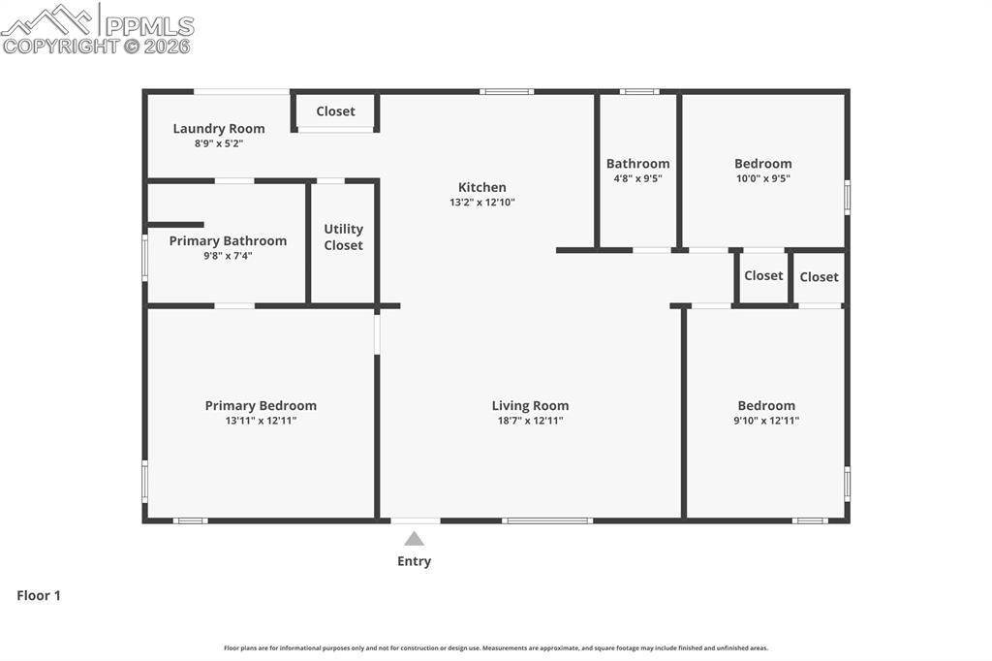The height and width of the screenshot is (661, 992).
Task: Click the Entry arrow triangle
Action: click(414, 539)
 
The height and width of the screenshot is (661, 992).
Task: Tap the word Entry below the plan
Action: click(414, 561)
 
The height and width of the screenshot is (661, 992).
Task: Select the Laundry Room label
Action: click(219, 129)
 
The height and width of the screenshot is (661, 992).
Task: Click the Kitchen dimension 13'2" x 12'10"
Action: click(481, 203)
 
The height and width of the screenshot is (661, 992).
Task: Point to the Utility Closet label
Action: click(343, 237)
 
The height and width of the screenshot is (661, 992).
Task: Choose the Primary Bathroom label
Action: click(228, 241)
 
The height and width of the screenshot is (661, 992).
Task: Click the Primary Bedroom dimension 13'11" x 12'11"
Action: click(261, 421)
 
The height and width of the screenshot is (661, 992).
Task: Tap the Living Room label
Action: click(530, 406)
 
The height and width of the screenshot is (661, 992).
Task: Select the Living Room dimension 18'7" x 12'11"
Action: click(530, 421)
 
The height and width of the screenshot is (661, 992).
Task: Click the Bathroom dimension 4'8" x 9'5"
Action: click(637, 178)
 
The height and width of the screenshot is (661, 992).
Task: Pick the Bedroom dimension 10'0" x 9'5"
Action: click(762, 178)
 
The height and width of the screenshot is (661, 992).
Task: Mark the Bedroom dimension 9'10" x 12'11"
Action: click(766, 421)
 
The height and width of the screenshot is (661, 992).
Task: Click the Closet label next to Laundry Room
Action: click(335, 111)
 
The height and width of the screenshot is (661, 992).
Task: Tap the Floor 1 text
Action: click(39, 596)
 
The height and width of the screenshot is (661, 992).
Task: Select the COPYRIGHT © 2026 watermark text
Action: click(97, 46)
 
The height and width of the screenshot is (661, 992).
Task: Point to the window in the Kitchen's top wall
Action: click(507, 92)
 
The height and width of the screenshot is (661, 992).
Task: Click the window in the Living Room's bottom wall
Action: click(547, 520)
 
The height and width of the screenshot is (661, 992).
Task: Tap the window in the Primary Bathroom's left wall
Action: click(145, 259)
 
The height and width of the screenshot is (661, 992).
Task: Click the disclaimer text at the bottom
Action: click(496, 648)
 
